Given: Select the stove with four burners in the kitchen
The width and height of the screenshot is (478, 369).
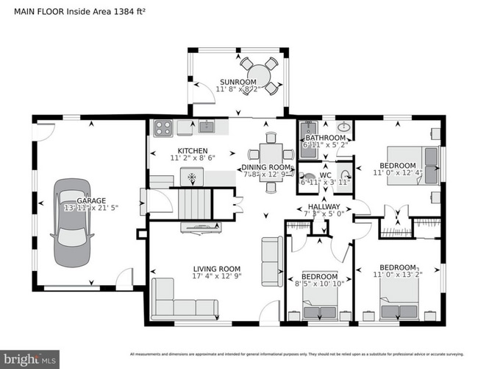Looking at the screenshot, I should (163, 127).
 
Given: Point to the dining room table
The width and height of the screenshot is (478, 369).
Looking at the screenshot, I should (268, 155).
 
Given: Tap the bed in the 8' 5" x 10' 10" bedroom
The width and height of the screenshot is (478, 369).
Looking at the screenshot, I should (321, 300).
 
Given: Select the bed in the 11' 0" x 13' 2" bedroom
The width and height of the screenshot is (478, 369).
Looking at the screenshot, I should (399, 300).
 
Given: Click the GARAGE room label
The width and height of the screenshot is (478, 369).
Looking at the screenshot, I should (71, 200).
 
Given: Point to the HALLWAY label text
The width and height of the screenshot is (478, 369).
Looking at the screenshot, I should (324, 207).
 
